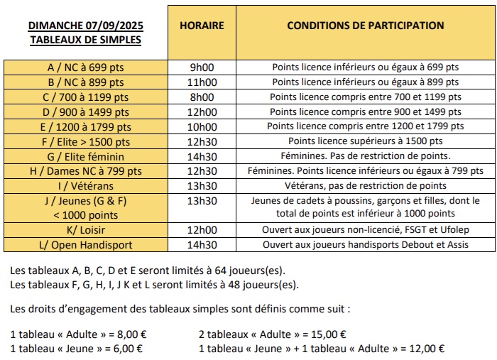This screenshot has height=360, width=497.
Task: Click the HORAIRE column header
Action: click(x=202, y=26)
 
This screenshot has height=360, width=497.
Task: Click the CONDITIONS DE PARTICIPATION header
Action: click(x=366, y=26)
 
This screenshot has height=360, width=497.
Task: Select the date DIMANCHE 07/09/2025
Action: click(x=86, y=26)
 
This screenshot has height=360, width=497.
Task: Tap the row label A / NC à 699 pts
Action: click(x=86, y=67)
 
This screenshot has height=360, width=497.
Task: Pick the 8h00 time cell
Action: click(x=202, y=97)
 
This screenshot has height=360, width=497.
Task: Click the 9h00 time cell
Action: click(x=202, y=67)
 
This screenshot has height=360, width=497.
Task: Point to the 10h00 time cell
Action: click(x=202, y=126)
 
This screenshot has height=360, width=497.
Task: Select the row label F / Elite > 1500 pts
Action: click(x=86, y=141)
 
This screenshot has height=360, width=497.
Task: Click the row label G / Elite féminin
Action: click(x=86, y=156)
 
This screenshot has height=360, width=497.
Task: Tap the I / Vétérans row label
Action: click(x=86, y=186)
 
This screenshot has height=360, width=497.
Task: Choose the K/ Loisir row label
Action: click(x=86, y=231)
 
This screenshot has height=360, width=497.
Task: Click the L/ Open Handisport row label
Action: click(x=86, y=246)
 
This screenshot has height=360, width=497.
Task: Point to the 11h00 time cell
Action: click(x=202, y=82)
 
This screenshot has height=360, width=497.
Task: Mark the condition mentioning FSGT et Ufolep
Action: click(x=366, y=231)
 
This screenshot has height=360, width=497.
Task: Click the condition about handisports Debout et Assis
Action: click(x=366, y=246)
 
